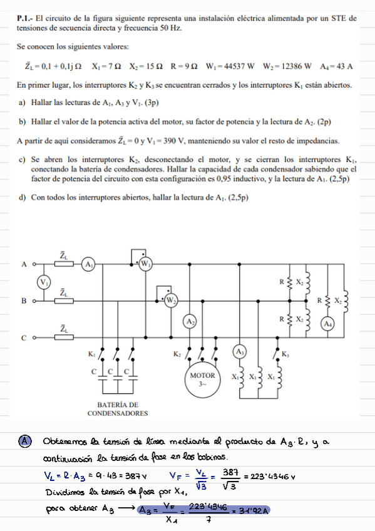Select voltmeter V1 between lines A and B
[x=44, y=282]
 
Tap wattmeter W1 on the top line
[x=146, y=264]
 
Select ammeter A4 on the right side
[x=326, y=324]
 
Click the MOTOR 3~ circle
[x=202, y=379]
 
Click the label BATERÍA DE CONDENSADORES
[x=118, y=409]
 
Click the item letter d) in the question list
[x=23, y=198]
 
